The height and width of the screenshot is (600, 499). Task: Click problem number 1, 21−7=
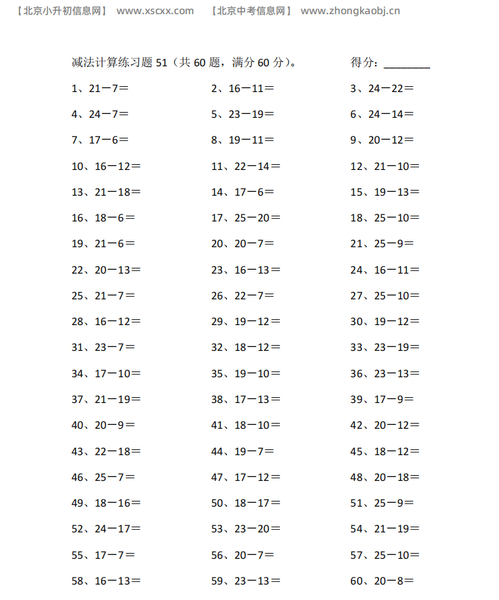[100, 89]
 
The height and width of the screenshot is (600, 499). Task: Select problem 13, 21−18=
[106, 192]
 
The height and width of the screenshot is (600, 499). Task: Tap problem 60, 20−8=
[382, 581]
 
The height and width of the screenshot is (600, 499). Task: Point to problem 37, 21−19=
[106, 399]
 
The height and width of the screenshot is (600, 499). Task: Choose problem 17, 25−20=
[246, 218]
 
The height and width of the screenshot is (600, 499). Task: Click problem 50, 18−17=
[246, 503]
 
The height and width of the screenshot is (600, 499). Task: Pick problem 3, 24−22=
[382, 89]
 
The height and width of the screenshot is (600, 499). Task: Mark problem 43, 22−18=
[106, 451]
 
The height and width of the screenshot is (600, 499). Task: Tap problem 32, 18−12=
[246, 348]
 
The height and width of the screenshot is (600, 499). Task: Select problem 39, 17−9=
[382, 399]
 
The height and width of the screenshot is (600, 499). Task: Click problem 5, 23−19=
[243, 115]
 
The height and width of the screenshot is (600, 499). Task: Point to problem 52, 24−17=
[106, 529]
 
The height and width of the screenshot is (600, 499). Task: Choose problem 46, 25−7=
[103, 477]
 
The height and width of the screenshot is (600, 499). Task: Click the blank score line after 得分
[407, 64]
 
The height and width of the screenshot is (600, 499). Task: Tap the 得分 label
[364, 62]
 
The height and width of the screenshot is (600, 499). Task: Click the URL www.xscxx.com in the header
[155, 11]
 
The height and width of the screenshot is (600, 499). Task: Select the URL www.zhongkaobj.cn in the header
[350, 11]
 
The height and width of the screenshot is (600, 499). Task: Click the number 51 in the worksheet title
[162, 62]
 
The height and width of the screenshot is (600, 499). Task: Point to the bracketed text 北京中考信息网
[252, 11]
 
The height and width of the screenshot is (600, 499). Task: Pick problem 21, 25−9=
[382, 244]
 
